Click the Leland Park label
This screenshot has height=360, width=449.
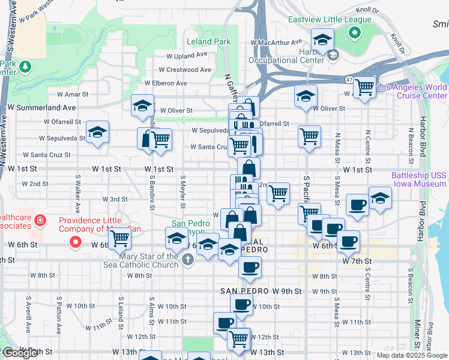(208, 42)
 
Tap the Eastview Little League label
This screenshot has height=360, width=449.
(330, 19)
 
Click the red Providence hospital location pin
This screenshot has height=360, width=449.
(76, 242)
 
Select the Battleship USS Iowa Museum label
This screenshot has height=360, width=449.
(419, 180)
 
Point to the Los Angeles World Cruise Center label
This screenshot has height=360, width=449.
(412, 91)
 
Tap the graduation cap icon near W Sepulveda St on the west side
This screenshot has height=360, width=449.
(97, 133)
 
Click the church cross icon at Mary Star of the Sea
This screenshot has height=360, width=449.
(188, 260)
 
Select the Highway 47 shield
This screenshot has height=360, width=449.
(349, 79)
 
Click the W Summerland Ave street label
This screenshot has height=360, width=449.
(41, 107)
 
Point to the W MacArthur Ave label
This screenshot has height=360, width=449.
(276, 43)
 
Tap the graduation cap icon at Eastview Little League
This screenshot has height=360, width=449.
(322, 40)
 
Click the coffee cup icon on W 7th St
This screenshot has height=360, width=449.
(250, 267)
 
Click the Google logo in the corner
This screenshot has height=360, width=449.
(20, 353)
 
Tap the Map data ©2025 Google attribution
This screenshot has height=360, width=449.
(411, 355)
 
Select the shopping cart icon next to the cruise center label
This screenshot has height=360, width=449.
(364, 86)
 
